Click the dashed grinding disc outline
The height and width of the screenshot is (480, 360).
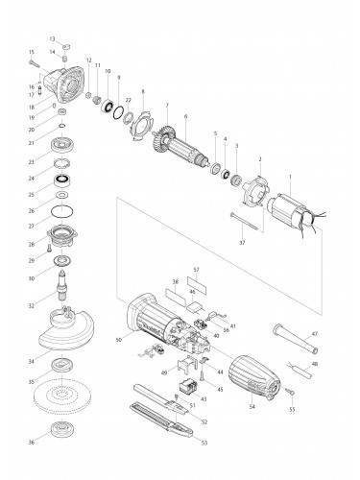pos(64,396)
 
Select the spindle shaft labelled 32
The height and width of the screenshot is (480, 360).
pos(63,289)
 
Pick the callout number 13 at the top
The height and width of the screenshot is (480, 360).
pos(53,36)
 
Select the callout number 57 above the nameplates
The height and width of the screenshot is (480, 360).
pos(195,270)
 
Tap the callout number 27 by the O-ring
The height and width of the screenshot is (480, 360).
pos(31,226)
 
